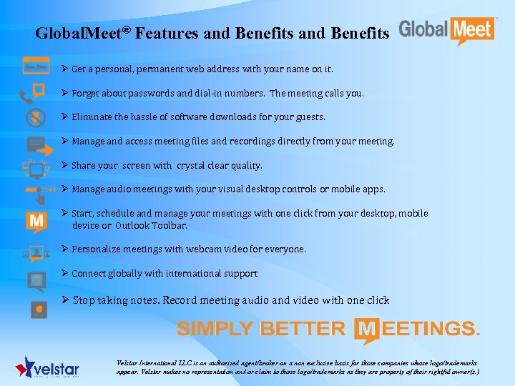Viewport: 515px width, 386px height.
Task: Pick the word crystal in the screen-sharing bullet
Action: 190,165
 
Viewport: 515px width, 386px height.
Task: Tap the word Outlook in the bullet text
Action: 132,225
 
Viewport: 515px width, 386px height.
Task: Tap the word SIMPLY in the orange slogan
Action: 215,329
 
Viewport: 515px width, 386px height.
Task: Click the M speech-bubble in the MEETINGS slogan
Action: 368,329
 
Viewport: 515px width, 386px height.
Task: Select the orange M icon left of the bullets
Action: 36,222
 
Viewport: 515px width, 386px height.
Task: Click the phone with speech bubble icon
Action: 34,93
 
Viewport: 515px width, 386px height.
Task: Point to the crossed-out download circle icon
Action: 36,117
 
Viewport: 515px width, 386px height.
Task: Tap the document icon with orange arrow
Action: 38,145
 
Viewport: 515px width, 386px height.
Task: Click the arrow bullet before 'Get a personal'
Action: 65,69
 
